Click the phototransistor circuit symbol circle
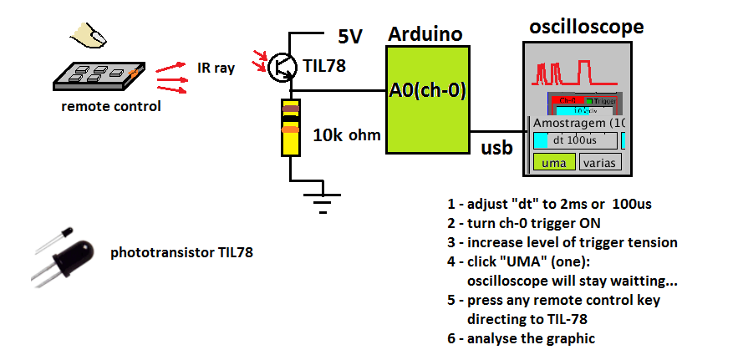pyautogui.click(x=282, y=69)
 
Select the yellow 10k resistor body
pyautogui.click(x=290, y=128)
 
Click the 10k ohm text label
pyautogui.click(x=347, y=135)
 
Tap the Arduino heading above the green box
pyautogui.click(x=426, y=34)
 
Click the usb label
pyautogui.click(x=496, y=148)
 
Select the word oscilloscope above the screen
pyautogui.click(x=587, y=27)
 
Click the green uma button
pyautogui.click(x=553, y=162)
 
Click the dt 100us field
pyautogui.click(x=575, y=140)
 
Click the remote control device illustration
pyautogui.click(x=99, y=75)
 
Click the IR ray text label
pyautogui.click(x=216, y=68)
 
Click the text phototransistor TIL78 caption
pyautogui.click(x=181, y=251)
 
